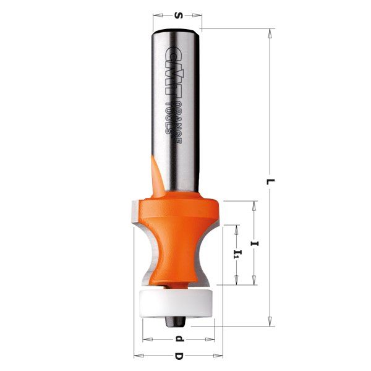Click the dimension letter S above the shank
[179, 15]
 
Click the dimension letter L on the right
[270, 182]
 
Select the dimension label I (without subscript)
[255, 244]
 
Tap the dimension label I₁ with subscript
[237, 254]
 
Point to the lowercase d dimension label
[179, 339]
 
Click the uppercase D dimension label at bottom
[179, 356]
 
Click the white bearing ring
[176, 303]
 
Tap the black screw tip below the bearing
[175, 322]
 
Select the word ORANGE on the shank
[179, 123]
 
